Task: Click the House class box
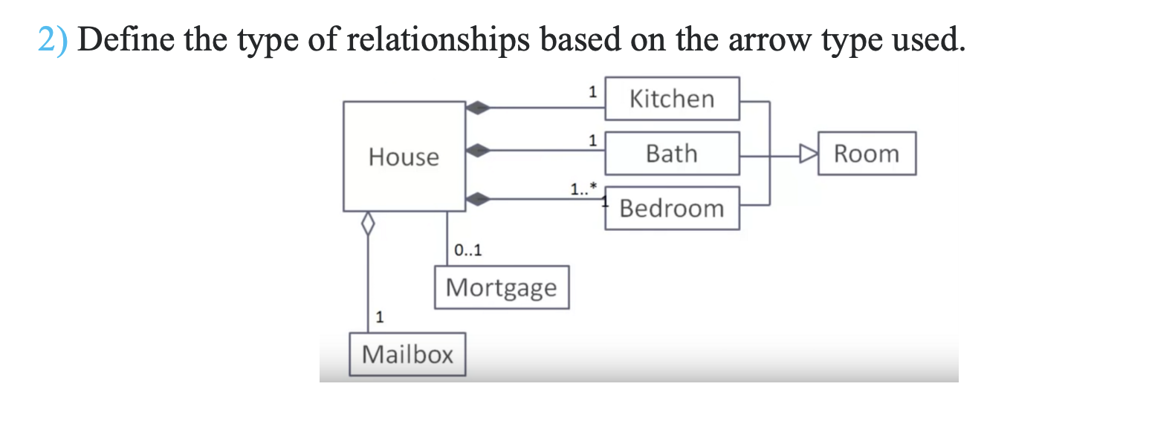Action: pyautogui.click(x=404, y=157)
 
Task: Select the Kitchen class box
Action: pyautogui.click(x=672, y=99)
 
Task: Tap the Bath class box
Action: pyautogui.click(x=672, y=154)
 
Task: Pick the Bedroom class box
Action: pyautogui.click(x=672, y=209)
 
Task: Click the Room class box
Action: pyautogui.click(x=867, y=154)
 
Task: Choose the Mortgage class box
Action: pyautogui.click(x=502, y=287)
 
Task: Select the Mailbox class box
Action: pyautogui.click(x=407, y=355)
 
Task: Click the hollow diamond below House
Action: pyautogui.click(x=366, y=222)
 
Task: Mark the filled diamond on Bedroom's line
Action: pyautogui.click(x=478, y=198)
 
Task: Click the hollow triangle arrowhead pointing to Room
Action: pyautogui.click(x=808, y=154)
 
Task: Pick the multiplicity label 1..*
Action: pyautogui.click(x=583, y=189)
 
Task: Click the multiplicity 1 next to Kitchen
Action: pyautogui.click(x=592, y=93)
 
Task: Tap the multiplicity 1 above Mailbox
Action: pyautogui.click(x=380, y=318)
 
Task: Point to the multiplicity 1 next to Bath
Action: pyautogui.click(x=592, y=140)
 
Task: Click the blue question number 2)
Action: pyautogui.click(x=53, y=39)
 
